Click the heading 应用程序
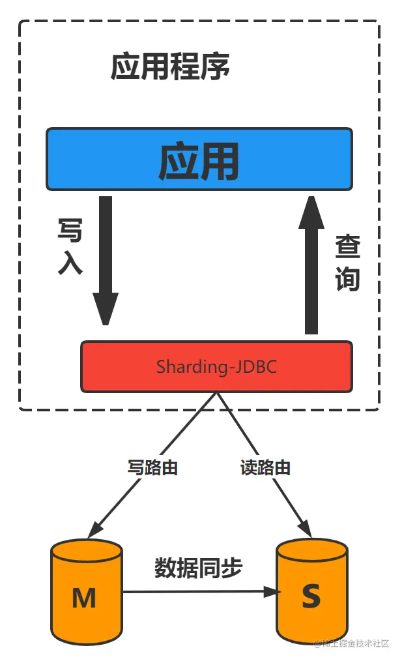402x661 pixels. [x=170, y=67]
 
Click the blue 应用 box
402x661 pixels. [x=199, y=159]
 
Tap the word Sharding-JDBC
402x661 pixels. [x=216, y=366]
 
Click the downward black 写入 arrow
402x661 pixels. [x=106, y=254]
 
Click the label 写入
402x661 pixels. [x=70, y=246]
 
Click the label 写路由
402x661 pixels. [x=152, y=467]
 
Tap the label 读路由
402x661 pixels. [x=265, y=467]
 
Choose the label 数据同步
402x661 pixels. [x=198, y=568]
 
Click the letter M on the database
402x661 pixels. [x=84, y=597]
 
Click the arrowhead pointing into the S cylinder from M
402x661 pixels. [x=272, y=592]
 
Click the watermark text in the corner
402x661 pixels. [x=352, y=643]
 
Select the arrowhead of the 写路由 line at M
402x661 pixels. [x=93, y=529]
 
